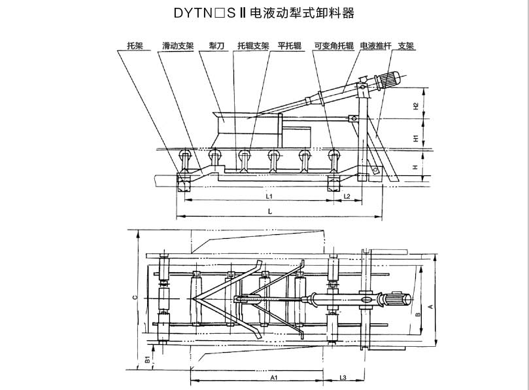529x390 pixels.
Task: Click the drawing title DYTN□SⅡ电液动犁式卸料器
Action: pos(264,13)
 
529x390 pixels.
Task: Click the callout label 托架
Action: pos(135,46)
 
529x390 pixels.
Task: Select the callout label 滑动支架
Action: pos(178,46)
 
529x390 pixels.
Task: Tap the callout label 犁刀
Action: pos(216,46)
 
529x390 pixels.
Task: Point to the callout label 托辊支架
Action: pos(253,46)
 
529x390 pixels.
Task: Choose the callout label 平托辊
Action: pos(290,46)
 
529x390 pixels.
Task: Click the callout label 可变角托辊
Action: pos(333,46)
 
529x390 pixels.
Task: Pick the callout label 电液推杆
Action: pos(376,46)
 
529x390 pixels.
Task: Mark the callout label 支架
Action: pos(406,46)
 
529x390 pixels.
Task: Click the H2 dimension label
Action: pos(416,106)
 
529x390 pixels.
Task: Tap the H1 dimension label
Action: pos(416,138)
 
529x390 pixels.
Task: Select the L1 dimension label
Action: pos(269,196)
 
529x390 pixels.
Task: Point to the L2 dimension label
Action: pos(347,196)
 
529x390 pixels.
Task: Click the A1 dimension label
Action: pos(274,378)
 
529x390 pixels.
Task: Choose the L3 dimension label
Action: pos(343,378)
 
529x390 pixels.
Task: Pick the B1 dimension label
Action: pos(147,359)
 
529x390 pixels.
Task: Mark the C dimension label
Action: pos(135,298)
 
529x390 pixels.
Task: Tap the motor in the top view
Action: pos(398,300)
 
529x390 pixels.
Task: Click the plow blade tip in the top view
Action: pos(192,299)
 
